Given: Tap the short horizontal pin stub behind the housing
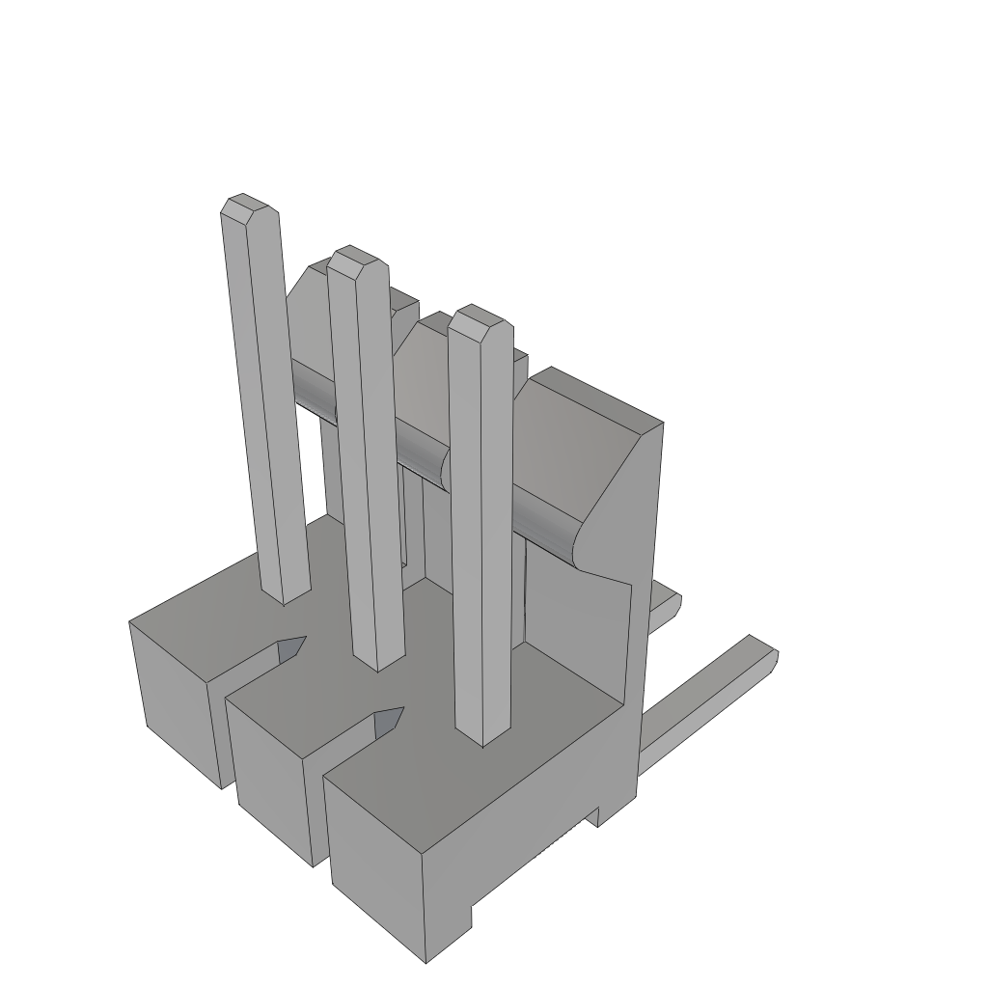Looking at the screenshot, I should click(664, 608).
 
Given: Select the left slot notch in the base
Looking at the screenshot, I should click(290, 649).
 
